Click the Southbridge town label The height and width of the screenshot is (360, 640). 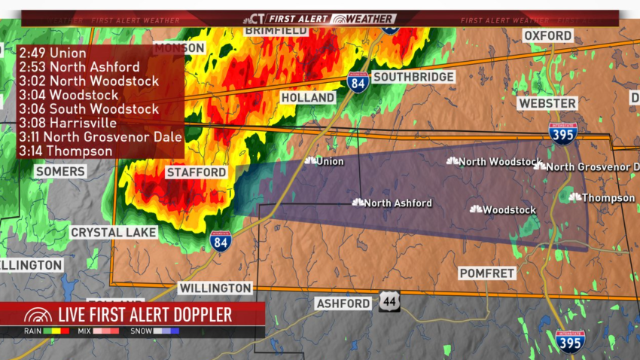[413, 77]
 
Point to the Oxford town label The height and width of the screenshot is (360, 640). [548, 36]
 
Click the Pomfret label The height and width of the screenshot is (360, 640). [488, 273]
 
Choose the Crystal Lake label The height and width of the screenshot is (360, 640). [113, 233]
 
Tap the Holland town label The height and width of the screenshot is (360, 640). [308, 98]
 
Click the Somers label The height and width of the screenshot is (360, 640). [59, 172]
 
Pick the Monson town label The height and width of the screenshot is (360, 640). [179, 47]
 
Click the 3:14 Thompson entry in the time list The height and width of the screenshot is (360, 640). [66, 151]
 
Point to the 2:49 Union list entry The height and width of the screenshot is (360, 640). [53, 53]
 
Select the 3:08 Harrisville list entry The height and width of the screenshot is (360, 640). [68, 123]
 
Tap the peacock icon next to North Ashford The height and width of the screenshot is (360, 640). [358, 203]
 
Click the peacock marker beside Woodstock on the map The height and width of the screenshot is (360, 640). [476, 209]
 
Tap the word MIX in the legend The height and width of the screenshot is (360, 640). [84, 331]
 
